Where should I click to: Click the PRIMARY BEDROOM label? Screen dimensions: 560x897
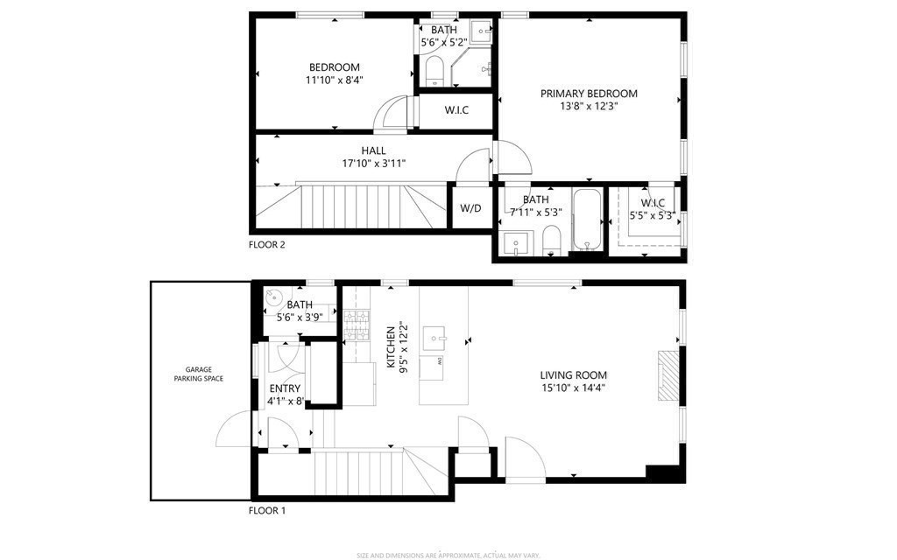click(x=589, y=94)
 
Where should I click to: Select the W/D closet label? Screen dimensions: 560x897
click(x=470, y=208)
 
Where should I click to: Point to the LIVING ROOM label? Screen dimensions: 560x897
click(x=573, y=375)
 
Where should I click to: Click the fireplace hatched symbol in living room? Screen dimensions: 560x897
click(x=668, y=376)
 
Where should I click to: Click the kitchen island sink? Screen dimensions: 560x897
click(x=434, y=336)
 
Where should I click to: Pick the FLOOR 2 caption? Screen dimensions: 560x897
click(x=266, y=245)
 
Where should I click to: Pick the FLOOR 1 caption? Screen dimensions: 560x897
click(x=266, y=510)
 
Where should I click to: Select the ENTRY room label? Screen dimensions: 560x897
click(x=285, y=388)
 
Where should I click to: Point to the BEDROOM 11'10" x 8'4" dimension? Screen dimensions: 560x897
click(x=334, y=80)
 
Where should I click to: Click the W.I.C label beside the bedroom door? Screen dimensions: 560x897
click(x=456, y=110)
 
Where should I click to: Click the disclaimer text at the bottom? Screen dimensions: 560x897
click(x=448, y=554)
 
